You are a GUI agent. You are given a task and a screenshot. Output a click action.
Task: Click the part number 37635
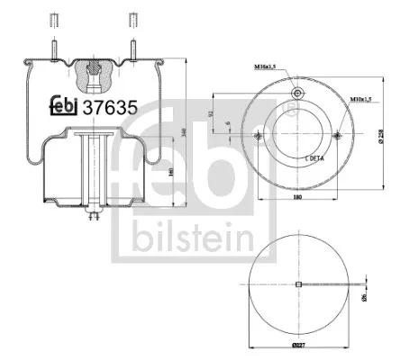(110, 106)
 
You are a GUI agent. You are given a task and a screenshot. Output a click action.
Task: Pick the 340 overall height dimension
(185, 134)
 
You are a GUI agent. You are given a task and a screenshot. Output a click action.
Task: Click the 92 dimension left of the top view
(210, 113)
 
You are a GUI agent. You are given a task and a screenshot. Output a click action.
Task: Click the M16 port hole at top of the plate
(297, 95)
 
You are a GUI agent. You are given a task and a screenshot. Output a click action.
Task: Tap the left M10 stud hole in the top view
(259, 136)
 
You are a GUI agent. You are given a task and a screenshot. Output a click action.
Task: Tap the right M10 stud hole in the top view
(337, 136)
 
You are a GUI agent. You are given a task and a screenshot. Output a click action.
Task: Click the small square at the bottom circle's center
(297, 285)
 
